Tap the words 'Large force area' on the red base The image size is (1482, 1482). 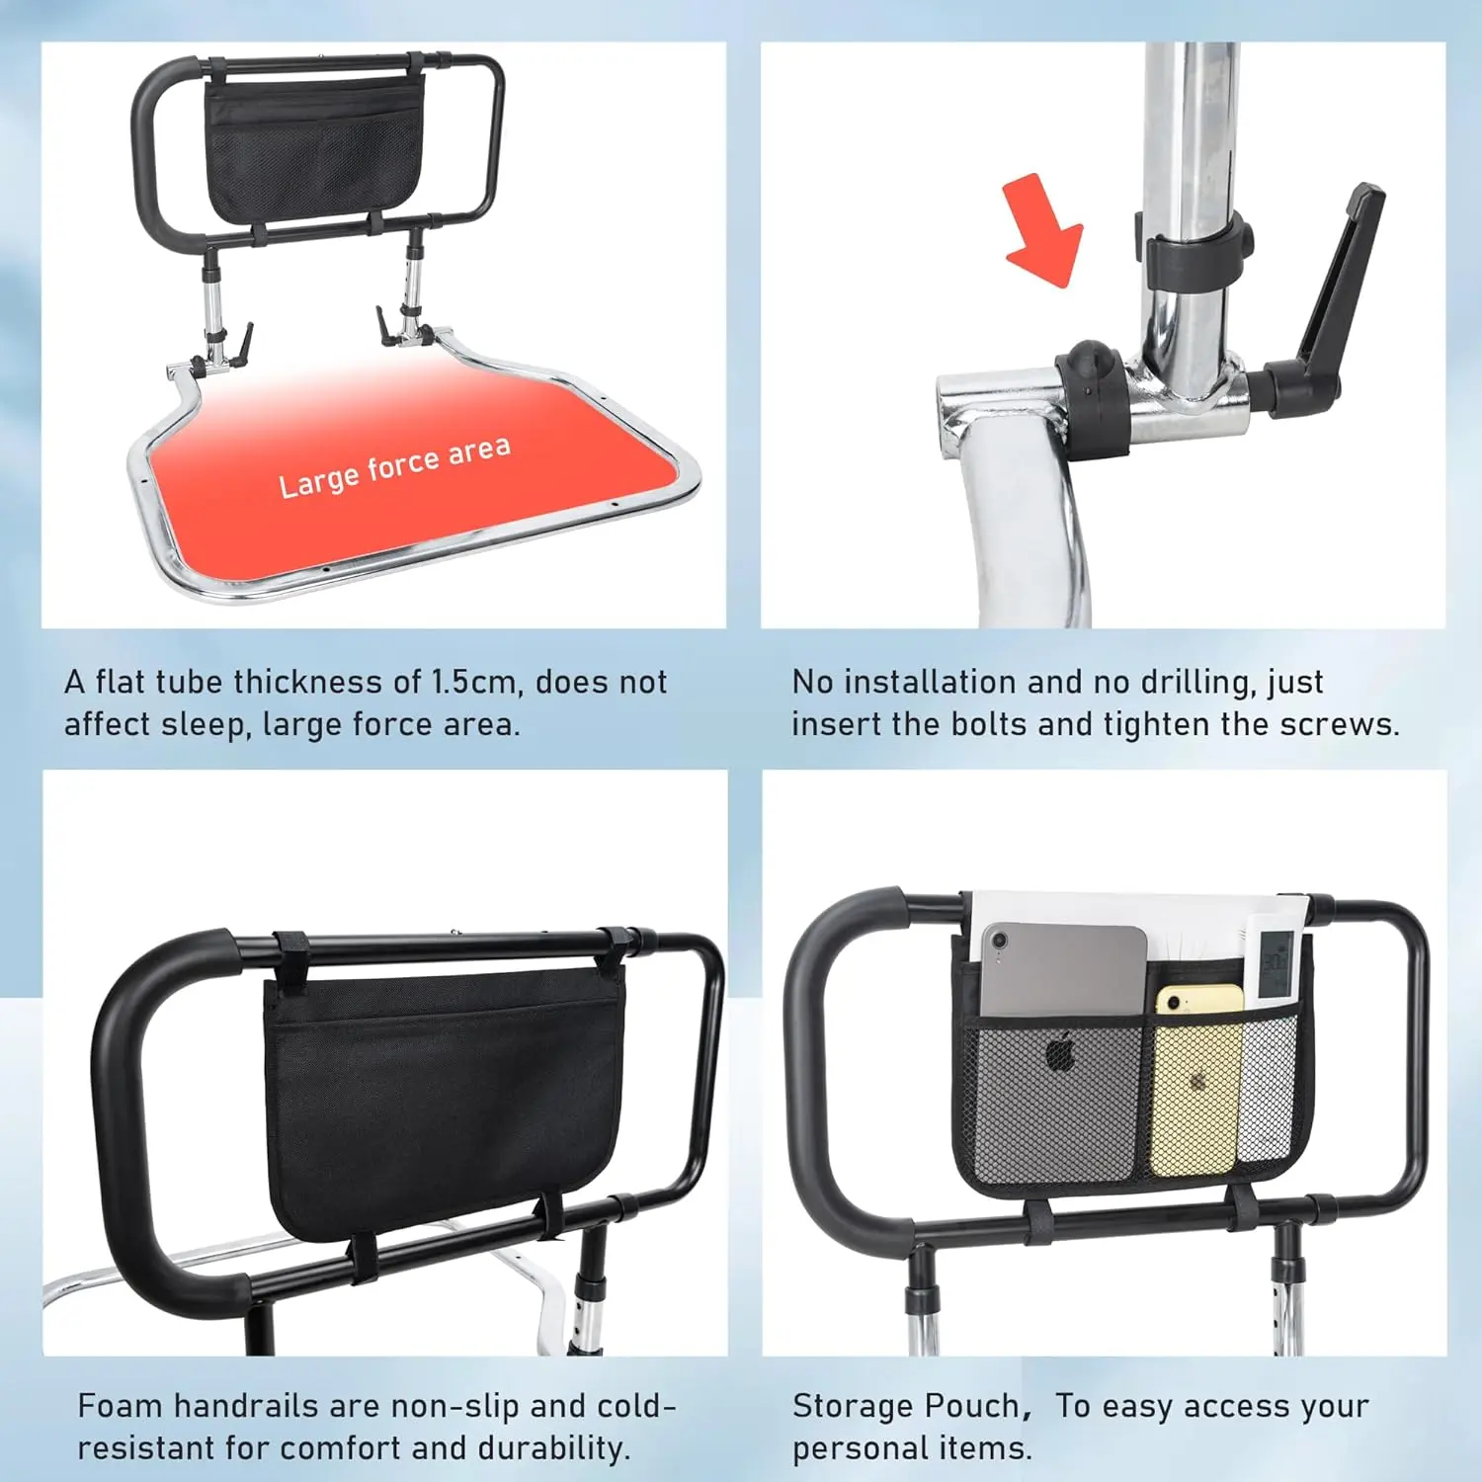(x=395, y=466)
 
